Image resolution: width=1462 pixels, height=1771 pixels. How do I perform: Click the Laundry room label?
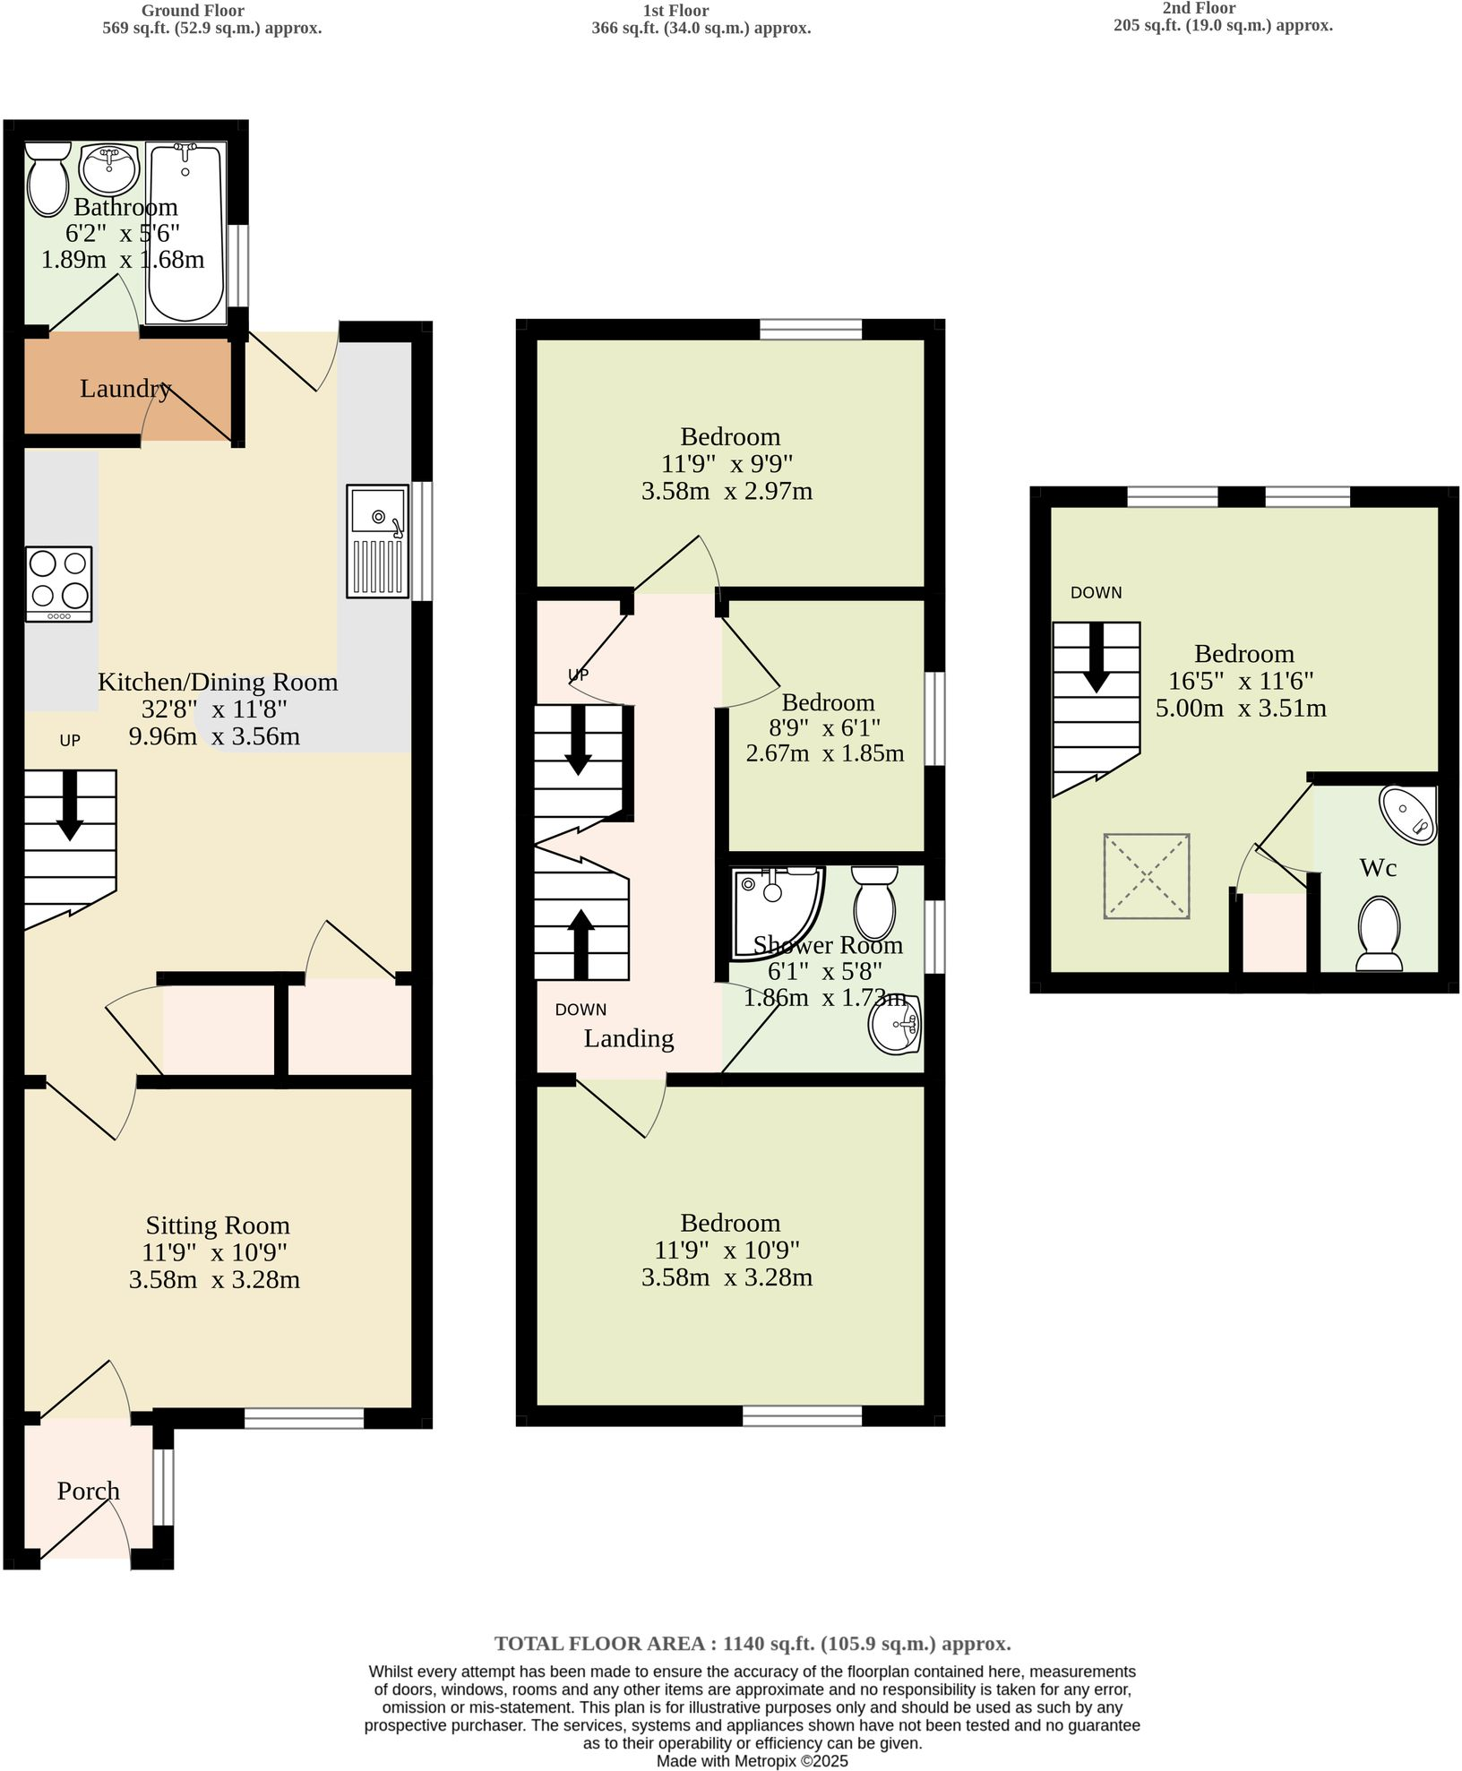click(x=125, y=389)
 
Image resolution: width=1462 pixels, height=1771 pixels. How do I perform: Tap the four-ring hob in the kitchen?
click(x=59, y=583)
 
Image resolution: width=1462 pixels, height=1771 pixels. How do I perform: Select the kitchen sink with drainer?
click(x=378, y=541)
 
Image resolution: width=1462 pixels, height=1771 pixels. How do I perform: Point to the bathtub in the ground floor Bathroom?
click(x=186, y=232)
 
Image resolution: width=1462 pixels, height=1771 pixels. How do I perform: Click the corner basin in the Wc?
click(x=1410, y=815)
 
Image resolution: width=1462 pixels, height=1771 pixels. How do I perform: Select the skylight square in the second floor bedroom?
click(x=1147, y=876)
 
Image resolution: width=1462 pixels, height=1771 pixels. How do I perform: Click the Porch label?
click(x=88, y=1492)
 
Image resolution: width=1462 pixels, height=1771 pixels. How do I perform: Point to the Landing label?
click(x=629, y=1039)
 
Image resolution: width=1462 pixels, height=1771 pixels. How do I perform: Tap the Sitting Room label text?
click(x=218, y=1225)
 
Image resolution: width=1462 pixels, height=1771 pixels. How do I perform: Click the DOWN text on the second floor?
click(x=1096, y=593)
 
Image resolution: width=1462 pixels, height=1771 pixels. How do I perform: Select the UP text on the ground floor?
click(x=70, y=741)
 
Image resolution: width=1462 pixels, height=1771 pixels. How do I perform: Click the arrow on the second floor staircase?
click(x=1096, y=658)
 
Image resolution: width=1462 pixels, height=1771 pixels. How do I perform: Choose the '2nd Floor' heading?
click(x=1198, y=8)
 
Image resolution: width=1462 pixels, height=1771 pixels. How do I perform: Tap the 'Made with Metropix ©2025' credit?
click(x=752, y=1761)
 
